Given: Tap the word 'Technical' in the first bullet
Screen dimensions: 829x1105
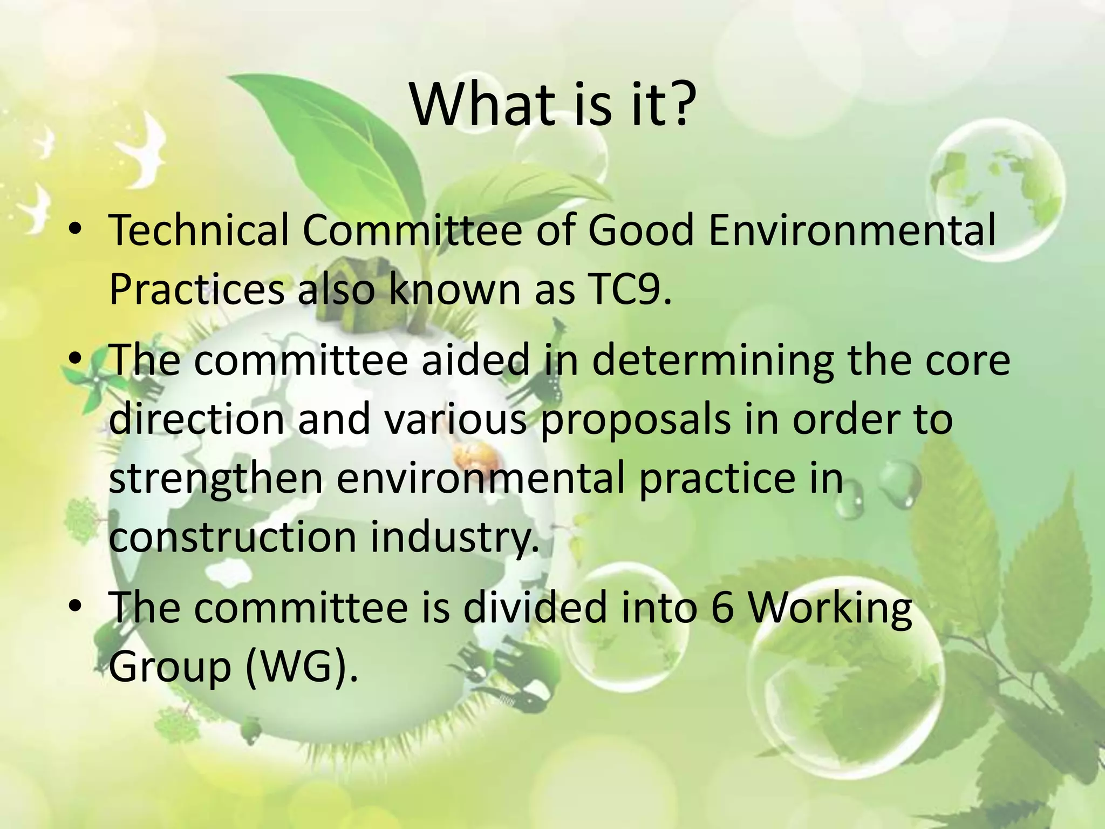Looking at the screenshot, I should pyautogui.click(x=199, y=230).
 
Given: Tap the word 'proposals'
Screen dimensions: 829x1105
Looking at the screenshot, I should pyautogui.click(x=635, y=419).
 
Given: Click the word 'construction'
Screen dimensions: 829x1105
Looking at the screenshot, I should pyautogui.click(x=233, y=537).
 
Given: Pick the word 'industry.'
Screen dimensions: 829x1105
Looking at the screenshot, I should pyautogui.click(x=454, y=537).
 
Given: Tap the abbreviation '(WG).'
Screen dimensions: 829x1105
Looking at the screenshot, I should pyautogui.click(x=302, y=667).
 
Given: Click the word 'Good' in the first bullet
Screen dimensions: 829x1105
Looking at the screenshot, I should pyautogui.click(x=640, y=230).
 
